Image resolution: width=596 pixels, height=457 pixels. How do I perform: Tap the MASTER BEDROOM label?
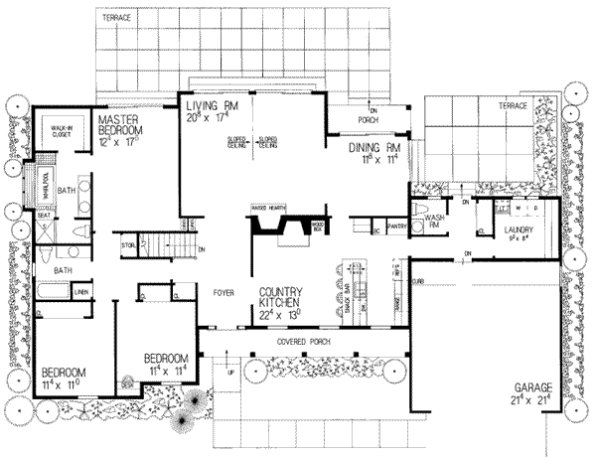coord(123,124)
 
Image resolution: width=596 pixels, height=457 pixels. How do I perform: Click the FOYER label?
coord(223,292)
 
